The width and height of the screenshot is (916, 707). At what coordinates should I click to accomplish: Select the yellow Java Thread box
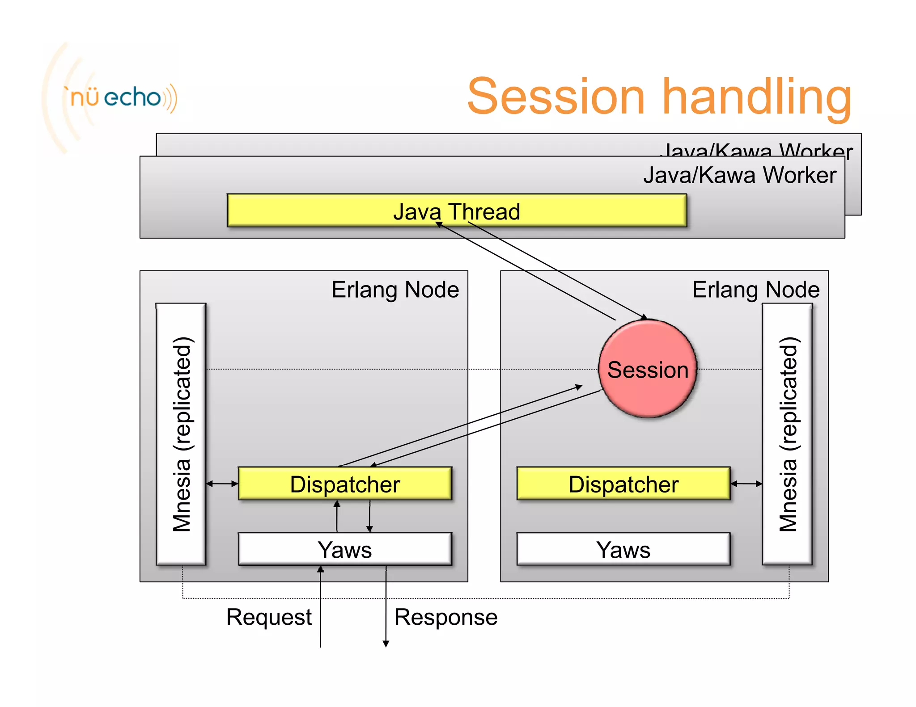[x=457, y=210]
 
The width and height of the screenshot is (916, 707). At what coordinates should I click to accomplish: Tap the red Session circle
[x=648, y=369]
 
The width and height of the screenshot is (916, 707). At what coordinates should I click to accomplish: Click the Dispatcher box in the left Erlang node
[x=345, y=484]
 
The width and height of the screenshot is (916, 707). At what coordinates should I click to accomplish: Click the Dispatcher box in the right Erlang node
[x=623, y=484]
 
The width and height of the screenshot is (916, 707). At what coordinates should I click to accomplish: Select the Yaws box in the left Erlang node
[x=345, y=549]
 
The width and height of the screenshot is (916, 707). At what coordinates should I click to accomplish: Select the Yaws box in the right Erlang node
[x=623, y=549]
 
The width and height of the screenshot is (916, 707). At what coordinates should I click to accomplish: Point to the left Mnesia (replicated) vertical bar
[x=181, y=434]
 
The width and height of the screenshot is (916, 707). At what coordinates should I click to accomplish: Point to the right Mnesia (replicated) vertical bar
[x=788, y=434]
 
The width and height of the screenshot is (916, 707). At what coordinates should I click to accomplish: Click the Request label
[x=269, y=617]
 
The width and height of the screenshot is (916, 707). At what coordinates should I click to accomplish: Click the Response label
[x=446, y=617]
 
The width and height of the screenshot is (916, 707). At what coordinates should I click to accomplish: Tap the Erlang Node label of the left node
[x=395, y=290]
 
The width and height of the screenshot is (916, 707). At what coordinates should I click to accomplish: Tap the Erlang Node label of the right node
[x=756, y=290]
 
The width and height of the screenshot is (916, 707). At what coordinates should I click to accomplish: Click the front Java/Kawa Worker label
[x=740, y=175]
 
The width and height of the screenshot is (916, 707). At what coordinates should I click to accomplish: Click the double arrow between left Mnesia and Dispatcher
[x=222, y=484]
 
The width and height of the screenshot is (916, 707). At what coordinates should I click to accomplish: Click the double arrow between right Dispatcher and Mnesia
[x=746, y=484]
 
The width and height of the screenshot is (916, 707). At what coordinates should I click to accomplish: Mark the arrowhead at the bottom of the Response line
[x=386, y=644]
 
